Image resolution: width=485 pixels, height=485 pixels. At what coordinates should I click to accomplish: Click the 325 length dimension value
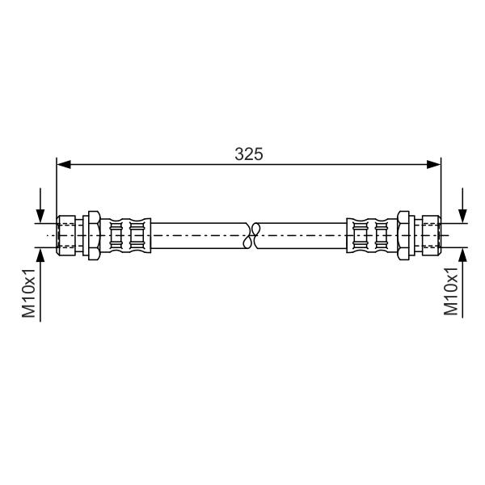click(x=249, y=154)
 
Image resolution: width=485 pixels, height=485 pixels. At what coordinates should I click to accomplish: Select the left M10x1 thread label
click(x=29, y=293)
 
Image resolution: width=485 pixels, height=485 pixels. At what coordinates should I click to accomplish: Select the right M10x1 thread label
click(x=451, y=291)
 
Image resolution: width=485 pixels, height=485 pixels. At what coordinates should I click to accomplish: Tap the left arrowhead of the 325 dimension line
click(x=64, y=165)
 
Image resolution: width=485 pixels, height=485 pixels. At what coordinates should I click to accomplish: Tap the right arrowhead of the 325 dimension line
click(x=433, y=165)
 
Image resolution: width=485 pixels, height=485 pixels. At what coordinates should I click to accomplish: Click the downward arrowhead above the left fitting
click(x=40, y=216)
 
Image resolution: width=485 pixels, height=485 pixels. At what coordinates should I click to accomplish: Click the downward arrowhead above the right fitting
click(x=462, y=216)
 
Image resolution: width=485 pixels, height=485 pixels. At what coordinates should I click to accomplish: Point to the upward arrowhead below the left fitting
click(x=40, y=255)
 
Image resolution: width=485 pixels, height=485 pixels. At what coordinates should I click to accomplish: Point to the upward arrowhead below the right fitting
click(x=462, y=255)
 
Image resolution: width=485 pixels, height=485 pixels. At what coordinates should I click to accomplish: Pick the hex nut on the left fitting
click(x=94, y=236)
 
